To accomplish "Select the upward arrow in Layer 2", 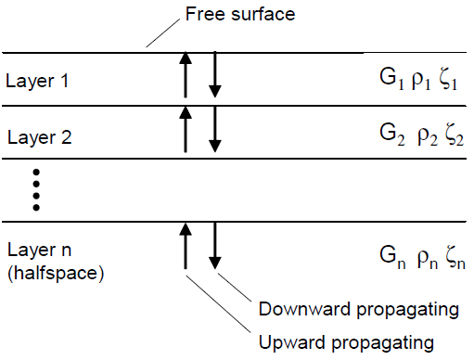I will click(186, 130).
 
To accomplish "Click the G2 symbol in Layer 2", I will click(378, 136).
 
